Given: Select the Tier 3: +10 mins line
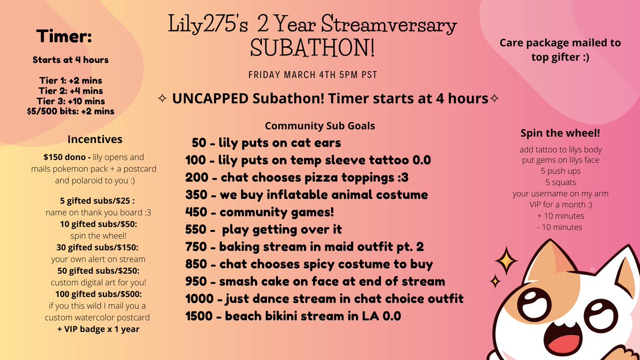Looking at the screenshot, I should (72, 101).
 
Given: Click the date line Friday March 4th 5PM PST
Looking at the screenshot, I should (313, 75).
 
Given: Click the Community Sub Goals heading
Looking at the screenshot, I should (319, 126).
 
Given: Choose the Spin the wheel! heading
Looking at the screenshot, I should (559, 132).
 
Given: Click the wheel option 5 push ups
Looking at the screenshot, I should (559, 172).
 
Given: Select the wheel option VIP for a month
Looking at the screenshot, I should (559, 205).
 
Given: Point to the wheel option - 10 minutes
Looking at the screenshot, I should (559, 227).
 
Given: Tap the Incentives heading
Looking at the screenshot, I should (95, 139).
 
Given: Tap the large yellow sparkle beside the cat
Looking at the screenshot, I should (505, 261).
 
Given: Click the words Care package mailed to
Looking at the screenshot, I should (559, 43).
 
